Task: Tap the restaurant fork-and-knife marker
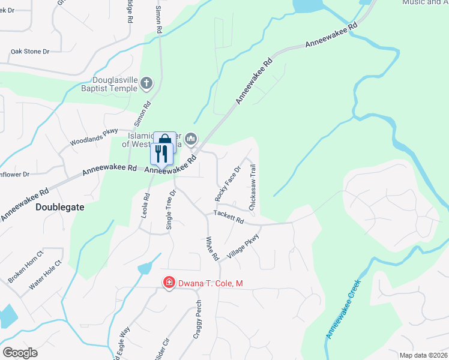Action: point(161,154)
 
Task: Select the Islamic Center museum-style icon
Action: point(191,140)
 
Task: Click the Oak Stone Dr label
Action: point(29,52)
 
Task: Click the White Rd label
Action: point(212,248)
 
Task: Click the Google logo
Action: point(20,352)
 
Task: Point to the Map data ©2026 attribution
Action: point(423,355)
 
